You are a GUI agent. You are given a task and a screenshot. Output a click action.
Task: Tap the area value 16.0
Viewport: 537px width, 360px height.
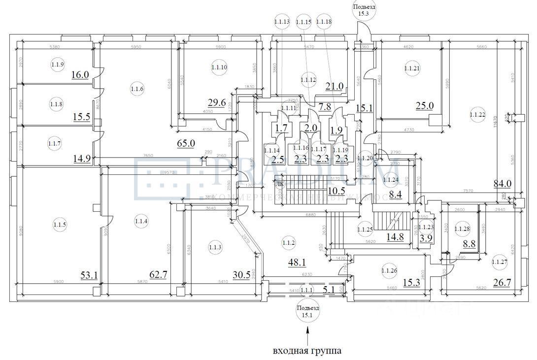[79, 75]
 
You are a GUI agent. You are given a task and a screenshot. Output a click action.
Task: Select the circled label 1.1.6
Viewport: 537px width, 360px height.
[137, 89]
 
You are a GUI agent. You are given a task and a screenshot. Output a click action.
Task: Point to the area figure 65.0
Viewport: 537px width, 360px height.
[187, 144]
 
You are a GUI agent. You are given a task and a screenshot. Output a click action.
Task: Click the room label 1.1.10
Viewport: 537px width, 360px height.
[219, 67]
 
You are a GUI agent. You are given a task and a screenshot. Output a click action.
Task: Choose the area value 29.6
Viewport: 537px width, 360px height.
[217, 102]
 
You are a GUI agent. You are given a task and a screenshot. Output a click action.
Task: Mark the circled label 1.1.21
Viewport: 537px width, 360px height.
[412, 68]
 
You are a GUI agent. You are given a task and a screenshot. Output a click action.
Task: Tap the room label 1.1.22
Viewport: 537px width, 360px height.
[477, 116]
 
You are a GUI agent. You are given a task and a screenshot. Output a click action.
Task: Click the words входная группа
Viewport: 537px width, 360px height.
[307, 351]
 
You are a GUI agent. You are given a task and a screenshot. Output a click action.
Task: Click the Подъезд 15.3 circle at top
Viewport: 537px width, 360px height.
[364, 11]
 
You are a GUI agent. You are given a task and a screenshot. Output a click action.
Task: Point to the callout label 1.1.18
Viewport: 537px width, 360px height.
[324, 22]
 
